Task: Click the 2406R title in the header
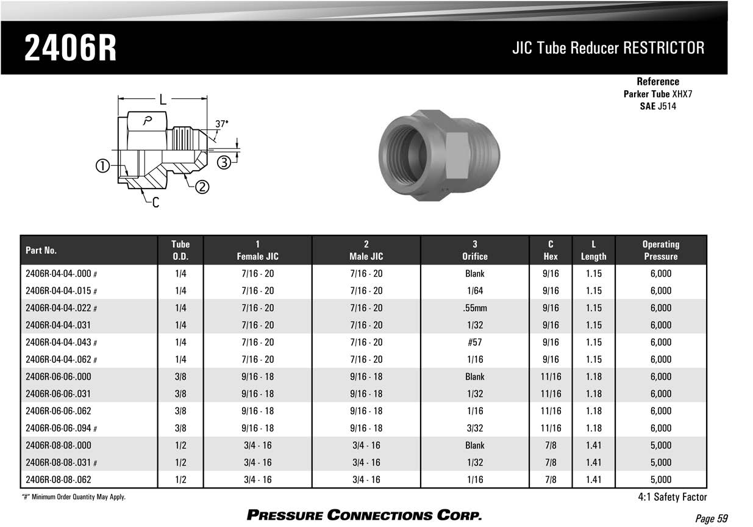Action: coord(70,49)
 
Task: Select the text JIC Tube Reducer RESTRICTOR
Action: coord(608,48)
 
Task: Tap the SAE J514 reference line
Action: coord(657,106)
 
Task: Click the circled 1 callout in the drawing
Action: coord(102,165)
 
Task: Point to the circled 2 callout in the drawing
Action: coord(202,187)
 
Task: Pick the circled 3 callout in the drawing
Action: coord(224,162)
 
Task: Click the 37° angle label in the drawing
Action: coord(222,123)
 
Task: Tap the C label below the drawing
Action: coord(155,203)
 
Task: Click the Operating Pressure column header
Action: coord(660,250)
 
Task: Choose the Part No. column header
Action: coord(41,251)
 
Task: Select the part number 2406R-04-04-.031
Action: coord(59,325)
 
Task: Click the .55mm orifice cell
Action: coord(474,308)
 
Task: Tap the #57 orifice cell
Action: coord(474,342)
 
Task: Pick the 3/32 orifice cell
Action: coord(474,428)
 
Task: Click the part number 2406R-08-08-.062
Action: coord(59,479)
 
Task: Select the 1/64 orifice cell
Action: coord(474,291)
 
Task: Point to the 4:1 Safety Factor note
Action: coord(672,497)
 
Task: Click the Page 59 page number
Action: coord(712,518)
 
